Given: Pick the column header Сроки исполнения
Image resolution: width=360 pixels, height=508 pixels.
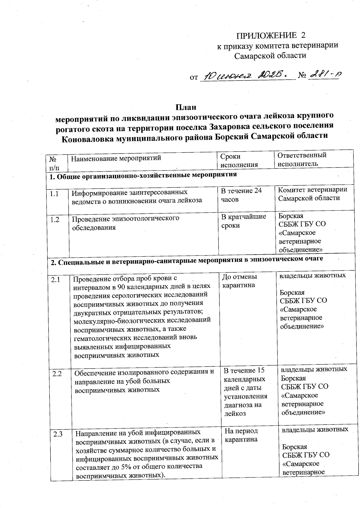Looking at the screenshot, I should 239,160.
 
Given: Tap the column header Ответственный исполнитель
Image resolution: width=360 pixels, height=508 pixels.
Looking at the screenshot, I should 301,159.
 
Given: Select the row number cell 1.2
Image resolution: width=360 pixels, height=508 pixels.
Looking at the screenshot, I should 55,220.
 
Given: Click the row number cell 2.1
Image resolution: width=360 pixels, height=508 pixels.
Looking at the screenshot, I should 55,280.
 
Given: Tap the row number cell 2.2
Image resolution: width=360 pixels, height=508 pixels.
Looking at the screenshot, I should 57,374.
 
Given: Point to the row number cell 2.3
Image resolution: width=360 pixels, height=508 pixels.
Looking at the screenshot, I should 58,434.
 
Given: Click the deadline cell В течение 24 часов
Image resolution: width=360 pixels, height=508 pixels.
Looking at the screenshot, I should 241,195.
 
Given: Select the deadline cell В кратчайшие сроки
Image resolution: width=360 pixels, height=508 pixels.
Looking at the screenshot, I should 243,221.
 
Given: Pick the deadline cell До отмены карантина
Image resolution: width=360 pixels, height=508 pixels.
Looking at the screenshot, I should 239,280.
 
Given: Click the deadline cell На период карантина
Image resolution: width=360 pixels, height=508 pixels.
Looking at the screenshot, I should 241,435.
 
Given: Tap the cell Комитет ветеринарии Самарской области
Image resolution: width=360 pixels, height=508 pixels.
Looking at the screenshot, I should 312,194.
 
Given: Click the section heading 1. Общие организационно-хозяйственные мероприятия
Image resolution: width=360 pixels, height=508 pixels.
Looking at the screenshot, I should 143,175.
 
